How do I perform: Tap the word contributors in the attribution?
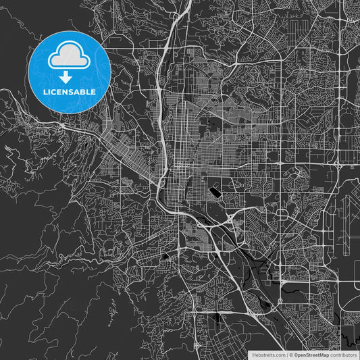coord(344,355)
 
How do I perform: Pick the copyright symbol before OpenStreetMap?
coord(291,355)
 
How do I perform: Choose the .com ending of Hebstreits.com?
coord(279,355)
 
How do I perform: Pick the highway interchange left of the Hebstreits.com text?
coord(197,345)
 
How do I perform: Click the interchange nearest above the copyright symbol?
coord(280,301)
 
